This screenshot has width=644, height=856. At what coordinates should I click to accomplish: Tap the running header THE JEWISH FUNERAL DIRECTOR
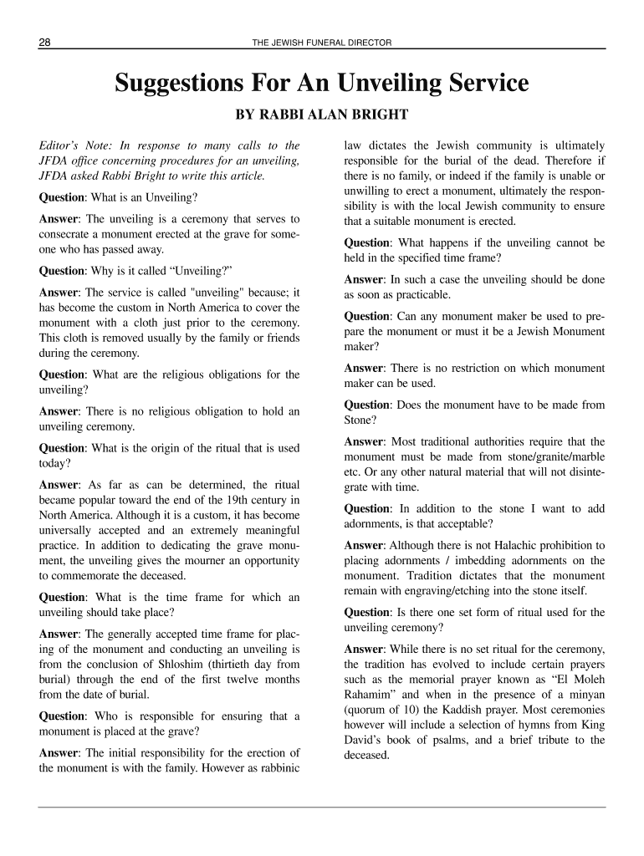pyautogui.click(x=321, y=43)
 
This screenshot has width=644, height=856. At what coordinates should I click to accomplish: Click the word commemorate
pyautogui.click(x=91, y=575)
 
